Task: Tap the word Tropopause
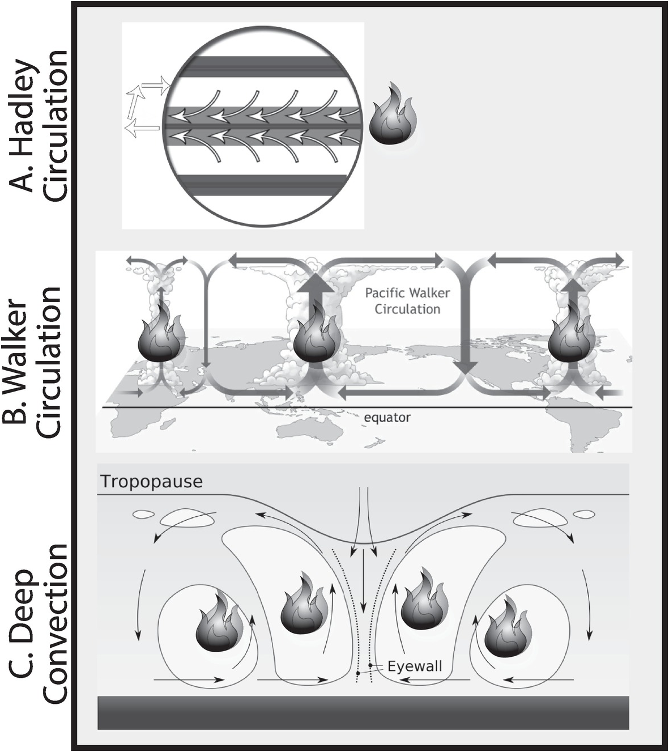151,482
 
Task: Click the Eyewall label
415,666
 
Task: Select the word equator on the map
387,418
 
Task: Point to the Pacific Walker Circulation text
407,301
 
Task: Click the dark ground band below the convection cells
363,712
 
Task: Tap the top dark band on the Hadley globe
262,66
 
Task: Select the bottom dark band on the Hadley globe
262,184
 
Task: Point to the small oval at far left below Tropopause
143,515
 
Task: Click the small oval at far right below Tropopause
584,514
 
